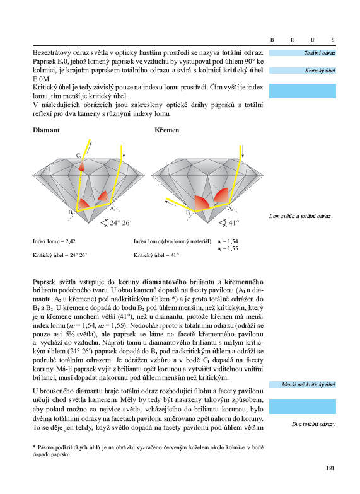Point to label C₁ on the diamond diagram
[78, 155]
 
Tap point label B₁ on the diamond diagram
[71, 212]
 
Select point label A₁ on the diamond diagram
[113, 208]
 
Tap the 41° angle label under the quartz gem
[233, 223]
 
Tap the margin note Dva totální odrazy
[313, 424]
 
